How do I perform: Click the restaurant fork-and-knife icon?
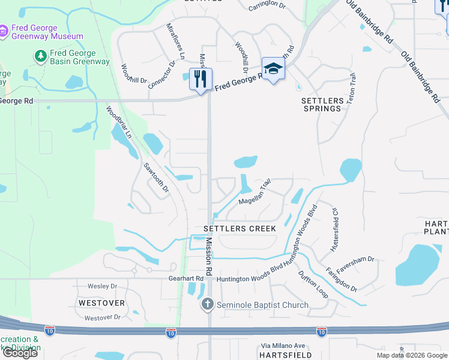coord(200,79)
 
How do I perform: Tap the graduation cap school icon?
coord(273,69)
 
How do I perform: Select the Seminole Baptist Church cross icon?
coord(208,305)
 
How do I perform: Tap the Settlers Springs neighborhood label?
coord(322,104)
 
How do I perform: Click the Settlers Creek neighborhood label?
coord(240,229)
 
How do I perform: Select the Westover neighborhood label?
coord(101,303)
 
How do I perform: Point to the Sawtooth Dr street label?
coord(156,178)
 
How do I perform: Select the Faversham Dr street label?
coord(355,265)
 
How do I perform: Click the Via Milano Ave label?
coord(283,346)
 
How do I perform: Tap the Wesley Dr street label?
coord(101,286)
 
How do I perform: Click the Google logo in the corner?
coord(20,353)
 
